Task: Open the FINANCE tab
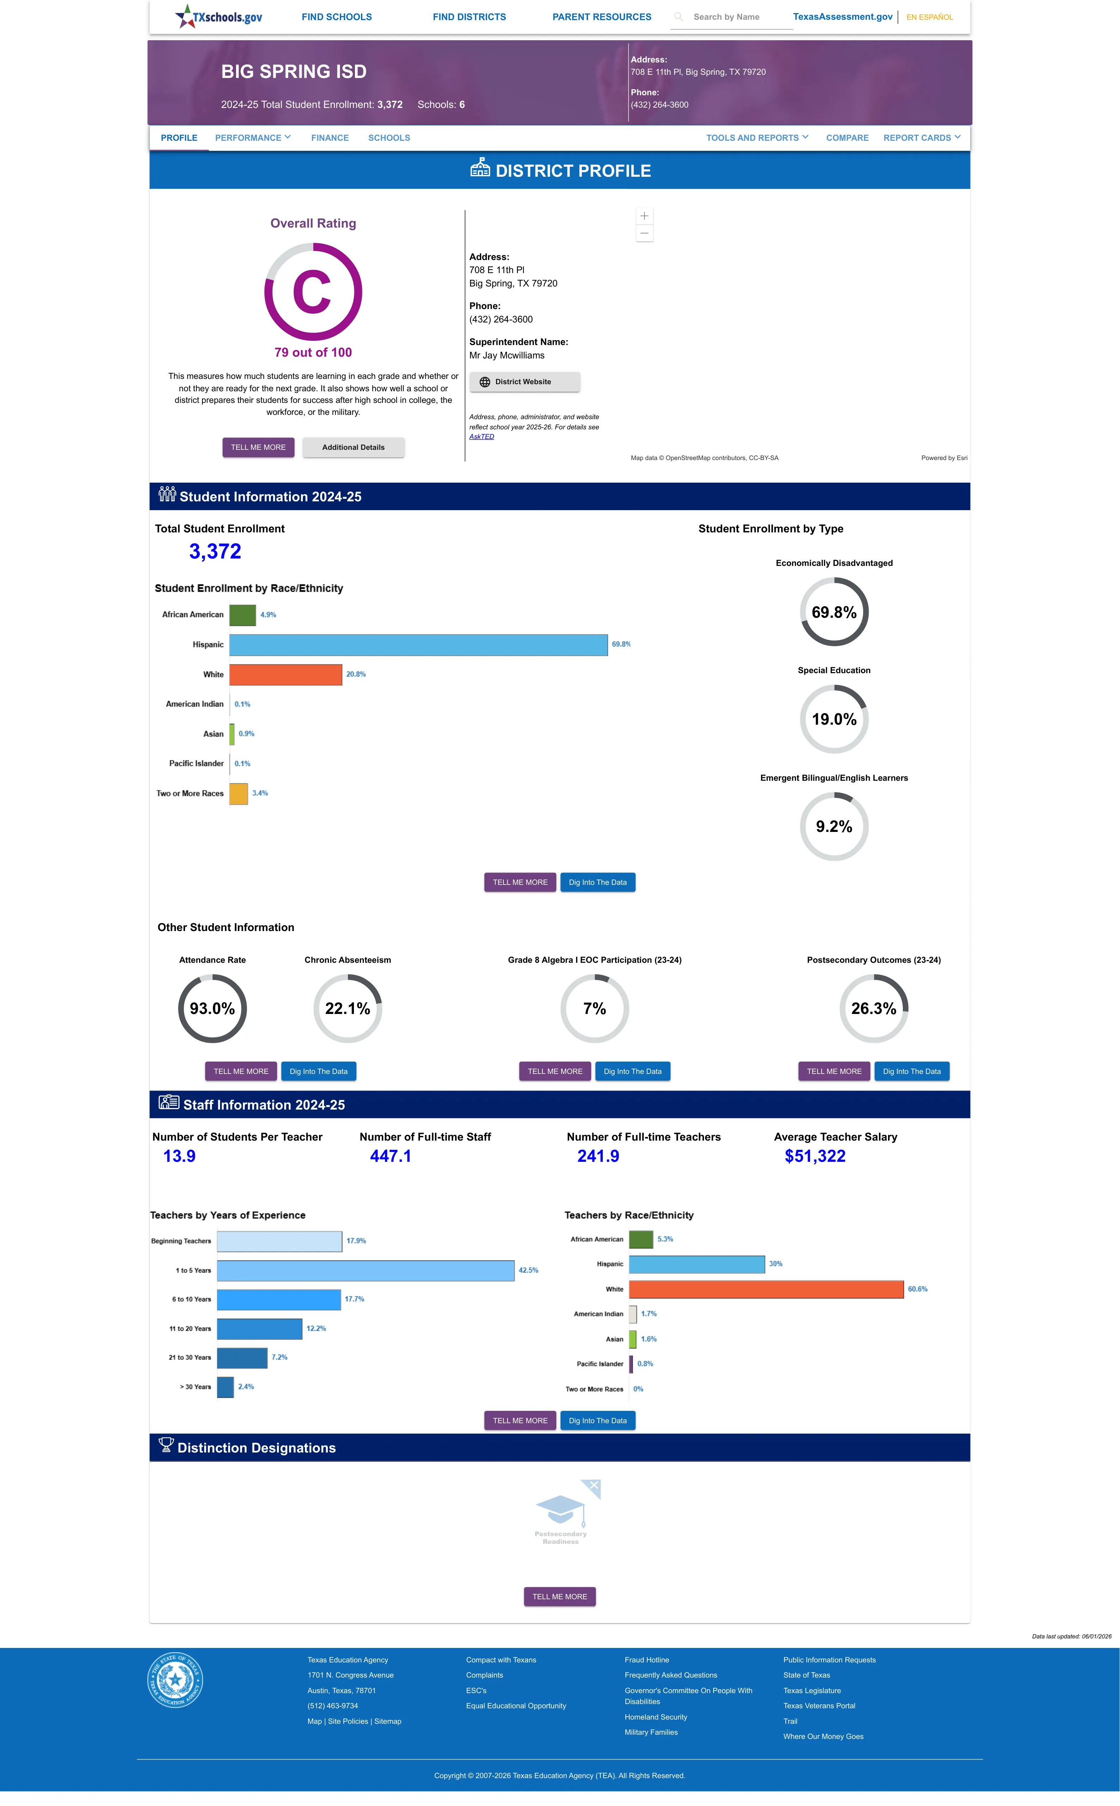330,138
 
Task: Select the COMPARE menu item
847,138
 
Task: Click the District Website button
525,382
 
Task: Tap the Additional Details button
353,448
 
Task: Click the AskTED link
482,436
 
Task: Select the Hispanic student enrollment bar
418,645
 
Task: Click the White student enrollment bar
286,674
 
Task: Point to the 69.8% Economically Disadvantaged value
834,612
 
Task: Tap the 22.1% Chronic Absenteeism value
347,1009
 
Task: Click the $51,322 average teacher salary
815,1156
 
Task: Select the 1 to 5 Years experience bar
365,1270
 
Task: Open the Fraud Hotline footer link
647,1660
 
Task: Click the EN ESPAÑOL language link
930,17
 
